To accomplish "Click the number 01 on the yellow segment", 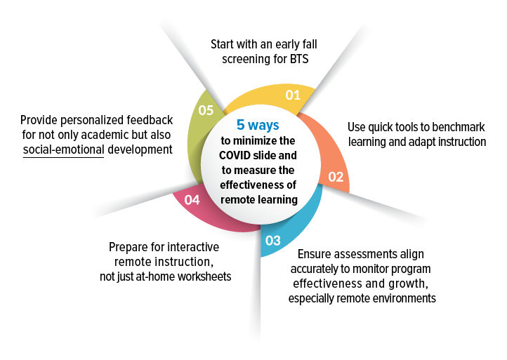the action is (293, 95).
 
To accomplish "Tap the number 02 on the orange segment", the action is (336, 177).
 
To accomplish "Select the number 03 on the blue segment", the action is (273, 241).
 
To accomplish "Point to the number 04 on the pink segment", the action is (192, 200).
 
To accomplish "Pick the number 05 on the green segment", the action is (206, 110).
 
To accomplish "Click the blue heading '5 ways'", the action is (258, 125).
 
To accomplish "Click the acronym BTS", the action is (298, 59).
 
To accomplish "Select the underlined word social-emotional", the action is (63, 149).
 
